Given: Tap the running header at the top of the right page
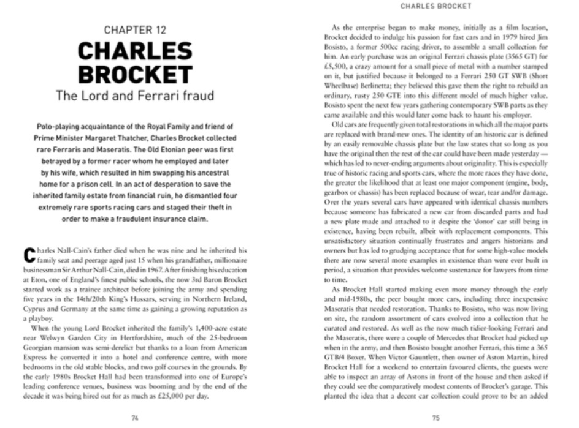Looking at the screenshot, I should coord(435,6).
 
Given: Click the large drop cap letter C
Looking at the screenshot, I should coord(27,253).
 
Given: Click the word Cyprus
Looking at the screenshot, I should coord(35,309).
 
